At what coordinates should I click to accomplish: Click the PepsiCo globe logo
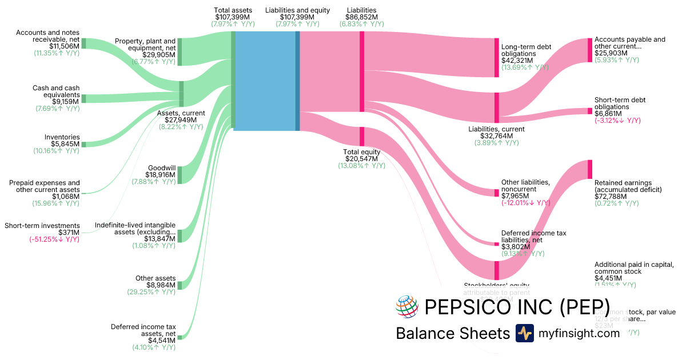407,306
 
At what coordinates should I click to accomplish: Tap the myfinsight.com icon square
524,333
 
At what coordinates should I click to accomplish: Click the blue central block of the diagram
265,81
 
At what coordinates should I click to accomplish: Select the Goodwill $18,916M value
161,174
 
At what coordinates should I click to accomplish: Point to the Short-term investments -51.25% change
54,239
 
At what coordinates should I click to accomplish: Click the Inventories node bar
83,145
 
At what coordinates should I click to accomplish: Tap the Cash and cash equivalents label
56,92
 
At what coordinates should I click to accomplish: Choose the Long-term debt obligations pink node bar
497,58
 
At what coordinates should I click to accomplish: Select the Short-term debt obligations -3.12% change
617,121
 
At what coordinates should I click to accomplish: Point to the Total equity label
361,151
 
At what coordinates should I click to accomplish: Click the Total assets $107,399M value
233,17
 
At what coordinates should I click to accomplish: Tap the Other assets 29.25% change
151,292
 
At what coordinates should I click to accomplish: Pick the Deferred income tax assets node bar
180,337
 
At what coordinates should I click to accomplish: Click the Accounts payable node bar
590,50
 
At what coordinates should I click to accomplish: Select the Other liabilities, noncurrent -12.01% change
526,203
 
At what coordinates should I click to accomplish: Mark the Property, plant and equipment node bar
180,52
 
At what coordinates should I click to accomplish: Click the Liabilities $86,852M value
361,17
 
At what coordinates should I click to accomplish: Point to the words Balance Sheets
452,334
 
